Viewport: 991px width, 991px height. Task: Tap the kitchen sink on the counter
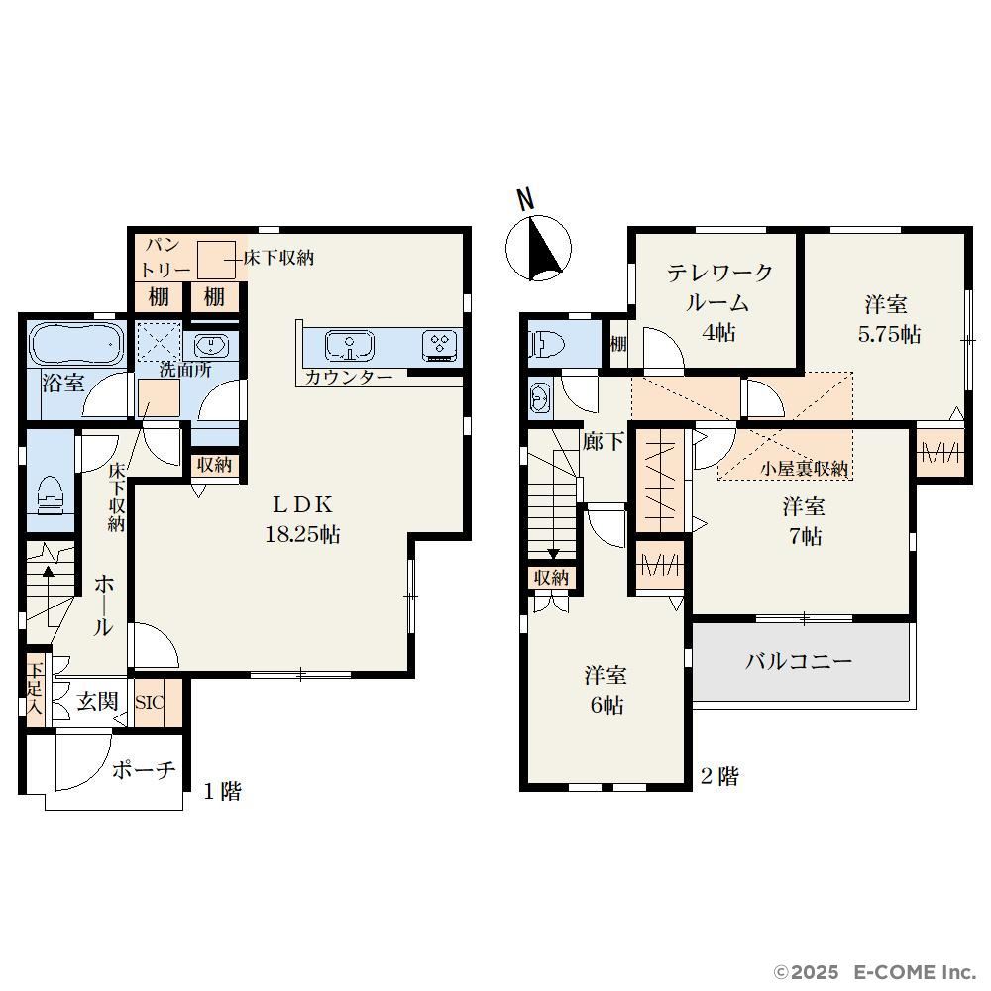[x=350, y=346]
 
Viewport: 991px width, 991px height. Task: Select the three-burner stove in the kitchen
[x=439, y=346]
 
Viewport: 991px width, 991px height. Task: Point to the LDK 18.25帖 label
[x=302, y=519]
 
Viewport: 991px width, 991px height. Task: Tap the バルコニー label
[x=799, y=661]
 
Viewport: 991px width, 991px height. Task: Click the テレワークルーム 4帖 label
[x=719, y=302]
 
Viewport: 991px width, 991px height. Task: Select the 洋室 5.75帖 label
[x=889, y=318]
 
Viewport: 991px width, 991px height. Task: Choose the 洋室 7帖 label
[x=804, y=522]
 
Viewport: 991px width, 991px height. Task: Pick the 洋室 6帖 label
[x=606, y=690]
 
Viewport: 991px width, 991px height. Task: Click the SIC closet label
[x=150, y=703]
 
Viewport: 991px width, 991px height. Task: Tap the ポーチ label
[x=144, y=769]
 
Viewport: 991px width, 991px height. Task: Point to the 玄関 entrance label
[x=97, y=701]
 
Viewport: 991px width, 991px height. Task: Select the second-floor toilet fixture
[x=545, y=345]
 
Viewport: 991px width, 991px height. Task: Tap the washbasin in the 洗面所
[x=209, y=346]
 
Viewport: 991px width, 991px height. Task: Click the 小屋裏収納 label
[x=804, y=469]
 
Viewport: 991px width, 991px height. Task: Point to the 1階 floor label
[x=222, y=791]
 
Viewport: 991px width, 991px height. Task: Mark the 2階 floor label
[x=719, y=776]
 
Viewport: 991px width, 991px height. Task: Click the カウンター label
[x=349, y=378]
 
